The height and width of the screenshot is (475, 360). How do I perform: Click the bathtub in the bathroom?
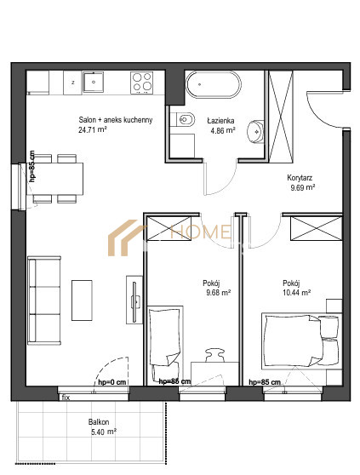214,84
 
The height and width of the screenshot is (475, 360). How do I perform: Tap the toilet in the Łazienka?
182,119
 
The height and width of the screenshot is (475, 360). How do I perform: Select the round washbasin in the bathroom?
256,131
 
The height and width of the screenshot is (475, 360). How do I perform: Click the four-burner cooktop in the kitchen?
141,83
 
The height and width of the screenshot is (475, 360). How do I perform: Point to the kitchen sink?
94,82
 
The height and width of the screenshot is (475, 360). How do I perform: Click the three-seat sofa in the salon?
44,300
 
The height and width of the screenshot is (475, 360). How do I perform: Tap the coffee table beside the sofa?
82,300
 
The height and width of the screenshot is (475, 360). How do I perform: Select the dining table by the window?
54,179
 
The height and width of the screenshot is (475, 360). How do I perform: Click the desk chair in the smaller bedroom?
215,355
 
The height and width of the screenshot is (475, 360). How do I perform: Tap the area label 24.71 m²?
93,130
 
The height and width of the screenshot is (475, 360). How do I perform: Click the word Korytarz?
300,178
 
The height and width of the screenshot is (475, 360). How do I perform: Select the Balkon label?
99,421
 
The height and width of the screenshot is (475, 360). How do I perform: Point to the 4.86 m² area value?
223,130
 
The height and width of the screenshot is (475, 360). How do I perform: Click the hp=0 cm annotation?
111,382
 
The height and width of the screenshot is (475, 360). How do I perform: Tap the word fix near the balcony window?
66,398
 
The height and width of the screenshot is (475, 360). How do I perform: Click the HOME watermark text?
200,232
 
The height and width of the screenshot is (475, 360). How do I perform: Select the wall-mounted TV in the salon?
134,300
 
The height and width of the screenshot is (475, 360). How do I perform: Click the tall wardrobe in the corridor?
281,116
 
